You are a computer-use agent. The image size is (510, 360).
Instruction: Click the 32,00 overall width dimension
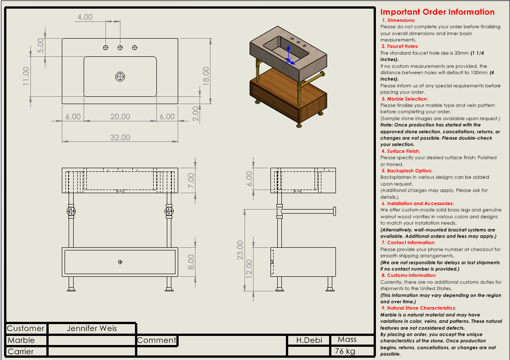[120, 137]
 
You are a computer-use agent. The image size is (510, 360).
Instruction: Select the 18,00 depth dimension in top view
[206, 76]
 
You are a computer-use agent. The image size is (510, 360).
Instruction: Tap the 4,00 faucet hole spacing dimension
[85, 17]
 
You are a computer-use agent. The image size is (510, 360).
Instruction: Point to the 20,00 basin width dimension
[120, 117]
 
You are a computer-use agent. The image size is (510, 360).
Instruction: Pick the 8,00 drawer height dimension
[191, 261]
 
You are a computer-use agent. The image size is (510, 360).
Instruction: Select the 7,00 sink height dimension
[191, 180]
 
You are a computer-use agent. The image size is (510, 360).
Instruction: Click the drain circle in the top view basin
[120, 77]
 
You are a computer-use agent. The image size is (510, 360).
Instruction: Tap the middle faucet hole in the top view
[120, 48]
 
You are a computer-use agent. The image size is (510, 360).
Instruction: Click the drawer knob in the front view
[120, 261]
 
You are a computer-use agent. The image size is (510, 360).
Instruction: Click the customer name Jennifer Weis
[92, 328]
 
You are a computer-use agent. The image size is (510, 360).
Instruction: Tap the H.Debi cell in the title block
[309, 340]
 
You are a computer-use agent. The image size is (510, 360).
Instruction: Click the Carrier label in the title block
[20, 351]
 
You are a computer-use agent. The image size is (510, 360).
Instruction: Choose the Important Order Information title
[437, 12]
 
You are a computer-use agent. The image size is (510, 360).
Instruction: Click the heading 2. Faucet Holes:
[400, 46]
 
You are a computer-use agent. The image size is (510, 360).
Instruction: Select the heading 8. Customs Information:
[409, 275]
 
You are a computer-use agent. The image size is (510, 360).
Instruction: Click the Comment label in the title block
[156, 340]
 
